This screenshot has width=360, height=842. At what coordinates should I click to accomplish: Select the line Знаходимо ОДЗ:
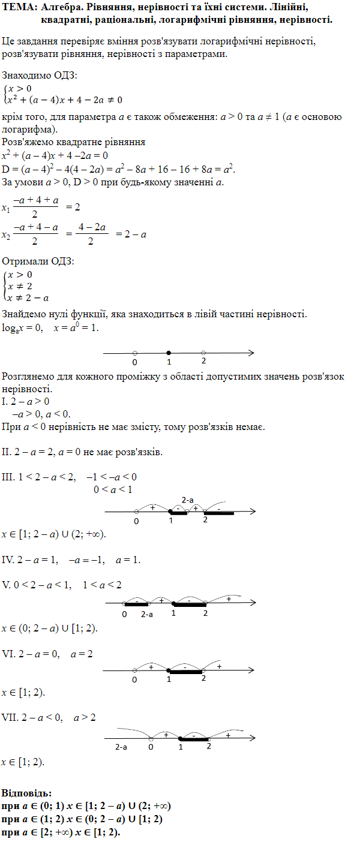tap(40, 76)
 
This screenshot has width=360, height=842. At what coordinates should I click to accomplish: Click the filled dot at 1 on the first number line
tap(169, 353)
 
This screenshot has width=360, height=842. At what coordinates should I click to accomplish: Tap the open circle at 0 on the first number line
tap(134, 353)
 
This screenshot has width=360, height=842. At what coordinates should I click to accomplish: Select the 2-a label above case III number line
tap(187, 500)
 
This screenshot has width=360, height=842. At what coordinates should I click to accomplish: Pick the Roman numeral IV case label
tap(9, 560)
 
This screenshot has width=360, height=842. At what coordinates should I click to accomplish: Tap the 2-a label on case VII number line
tap(121, 747)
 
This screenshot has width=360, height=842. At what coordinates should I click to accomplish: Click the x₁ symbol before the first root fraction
tap(6, 209)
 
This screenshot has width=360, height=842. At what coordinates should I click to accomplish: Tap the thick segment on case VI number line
tap(186, 672)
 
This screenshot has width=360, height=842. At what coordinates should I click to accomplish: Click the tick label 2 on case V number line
tap(205, 614)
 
